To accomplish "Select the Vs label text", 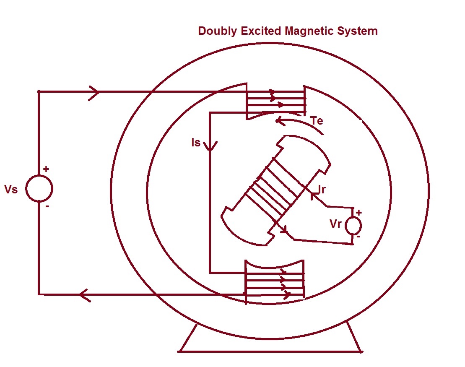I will point(11,190).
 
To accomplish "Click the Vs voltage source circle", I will point(39,188).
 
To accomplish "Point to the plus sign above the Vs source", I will point(46,169).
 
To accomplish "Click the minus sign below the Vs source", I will point(47,206).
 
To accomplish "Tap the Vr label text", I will point(336,224).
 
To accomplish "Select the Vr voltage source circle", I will point(353,226).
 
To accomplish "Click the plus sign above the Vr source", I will point(358,212).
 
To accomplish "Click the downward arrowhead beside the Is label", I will point(210,146).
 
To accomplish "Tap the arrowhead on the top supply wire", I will point(94,91).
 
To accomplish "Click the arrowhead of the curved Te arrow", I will point(278,121).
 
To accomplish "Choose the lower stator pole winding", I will point(274,285).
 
